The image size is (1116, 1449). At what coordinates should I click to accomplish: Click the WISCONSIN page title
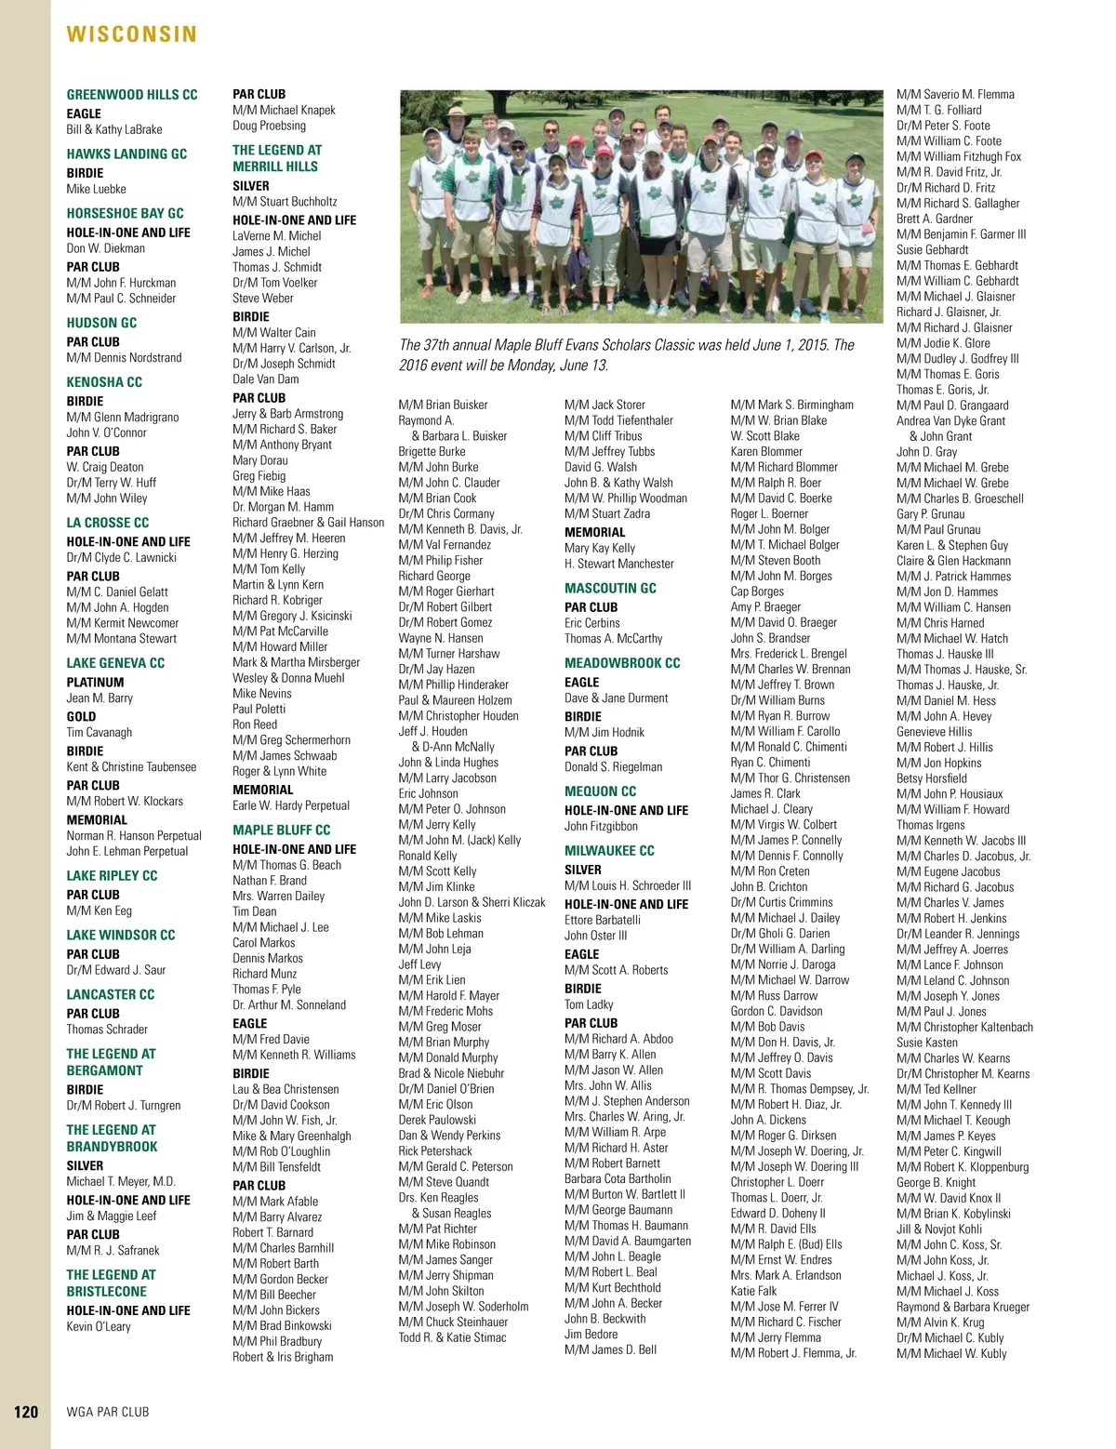[132, 34]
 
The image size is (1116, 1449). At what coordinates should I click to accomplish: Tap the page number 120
[26, 1412]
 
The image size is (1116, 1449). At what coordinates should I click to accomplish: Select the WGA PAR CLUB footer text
[108, 1412]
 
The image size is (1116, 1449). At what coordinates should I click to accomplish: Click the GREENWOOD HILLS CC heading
[132, 95]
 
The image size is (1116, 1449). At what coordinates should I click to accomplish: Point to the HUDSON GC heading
[101, 323]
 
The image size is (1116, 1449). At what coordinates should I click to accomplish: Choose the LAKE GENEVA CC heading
[115, 663]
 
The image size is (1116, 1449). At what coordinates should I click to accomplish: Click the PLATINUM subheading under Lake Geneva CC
[95, 682]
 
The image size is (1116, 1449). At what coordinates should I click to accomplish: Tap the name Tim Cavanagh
[100, 732]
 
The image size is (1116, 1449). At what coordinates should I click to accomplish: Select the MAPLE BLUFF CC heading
[281, 831]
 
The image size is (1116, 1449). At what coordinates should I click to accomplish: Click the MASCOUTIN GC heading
[610, 588]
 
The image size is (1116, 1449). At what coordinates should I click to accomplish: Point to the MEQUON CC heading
[600, 791]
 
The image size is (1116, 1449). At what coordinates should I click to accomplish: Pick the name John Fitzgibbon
[601, 826]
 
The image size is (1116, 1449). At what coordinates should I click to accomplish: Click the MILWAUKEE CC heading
[609, 851]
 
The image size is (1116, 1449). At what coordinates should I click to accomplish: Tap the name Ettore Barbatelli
[603, 920]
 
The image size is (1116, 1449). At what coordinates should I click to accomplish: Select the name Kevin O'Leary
[99, 1326]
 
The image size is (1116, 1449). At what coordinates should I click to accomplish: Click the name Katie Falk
[753, 1291]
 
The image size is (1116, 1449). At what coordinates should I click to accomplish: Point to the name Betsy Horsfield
[932, 778]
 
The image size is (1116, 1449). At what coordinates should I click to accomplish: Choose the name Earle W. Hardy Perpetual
[291, 805]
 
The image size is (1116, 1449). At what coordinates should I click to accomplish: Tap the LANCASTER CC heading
[110, 994]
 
